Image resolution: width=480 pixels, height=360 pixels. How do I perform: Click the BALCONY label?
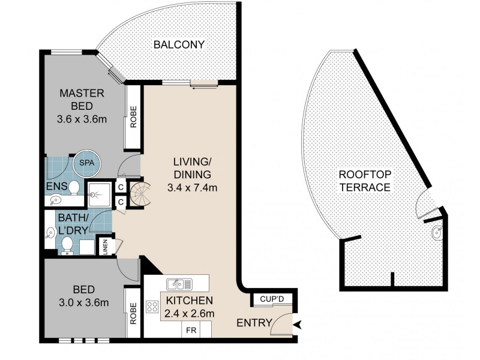[x=179, y=44]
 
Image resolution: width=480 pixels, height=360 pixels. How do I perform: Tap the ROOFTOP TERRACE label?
[x=365, y=181]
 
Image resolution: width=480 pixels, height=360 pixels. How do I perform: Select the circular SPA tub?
[x=87, y=163]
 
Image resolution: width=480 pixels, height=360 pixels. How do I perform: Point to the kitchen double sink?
[x=179, y=284]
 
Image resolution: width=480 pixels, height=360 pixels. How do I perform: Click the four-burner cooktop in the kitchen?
[x=152, y=307]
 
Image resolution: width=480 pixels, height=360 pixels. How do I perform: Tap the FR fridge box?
[x=191, y=330]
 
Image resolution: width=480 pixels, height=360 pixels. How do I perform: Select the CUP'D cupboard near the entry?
[x=272, y=299]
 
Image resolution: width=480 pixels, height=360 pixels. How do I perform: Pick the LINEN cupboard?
[x=106, y=247]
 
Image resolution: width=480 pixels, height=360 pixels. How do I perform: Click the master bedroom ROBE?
[x=133, y=117]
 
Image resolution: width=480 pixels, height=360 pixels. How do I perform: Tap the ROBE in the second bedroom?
[x=133, y=313]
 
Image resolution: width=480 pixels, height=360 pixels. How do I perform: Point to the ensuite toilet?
[x=73, y=187]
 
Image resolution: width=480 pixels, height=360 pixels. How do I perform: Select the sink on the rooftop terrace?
[x=437, y=232]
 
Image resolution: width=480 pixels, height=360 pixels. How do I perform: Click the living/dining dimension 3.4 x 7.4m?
[x=192, y=187]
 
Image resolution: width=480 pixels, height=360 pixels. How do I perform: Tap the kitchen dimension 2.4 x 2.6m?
[x=189, y=313]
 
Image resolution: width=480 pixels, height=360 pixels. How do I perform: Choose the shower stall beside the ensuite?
[x=100, y=194]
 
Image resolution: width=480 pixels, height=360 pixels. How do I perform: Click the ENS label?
[x=56, y=186]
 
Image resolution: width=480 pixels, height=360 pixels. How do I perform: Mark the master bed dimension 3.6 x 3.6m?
[x=82, y=119]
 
